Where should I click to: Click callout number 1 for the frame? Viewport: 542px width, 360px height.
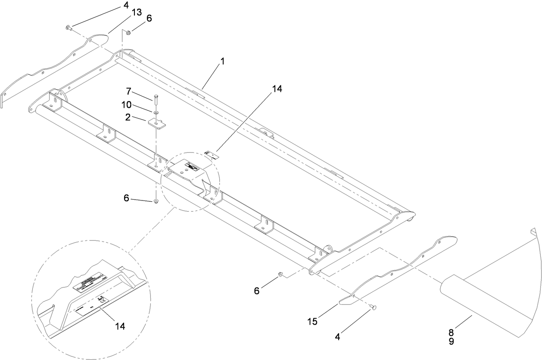(x=222, y=62)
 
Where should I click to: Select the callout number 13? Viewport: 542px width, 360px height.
(x=136, y=13)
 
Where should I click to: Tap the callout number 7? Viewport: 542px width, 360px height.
(x=128, y=91)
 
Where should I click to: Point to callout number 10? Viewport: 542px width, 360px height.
(x=126, y=105)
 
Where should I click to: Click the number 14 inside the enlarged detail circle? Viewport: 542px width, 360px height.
(x=120, y=326)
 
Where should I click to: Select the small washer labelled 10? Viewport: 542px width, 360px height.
(x=155, y=113)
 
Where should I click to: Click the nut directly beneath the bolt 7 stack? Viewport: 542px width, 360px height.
(x=156, y=201)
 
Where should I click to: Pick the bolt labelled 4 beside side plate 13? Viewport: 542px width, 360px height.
(x=69, y=28)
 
